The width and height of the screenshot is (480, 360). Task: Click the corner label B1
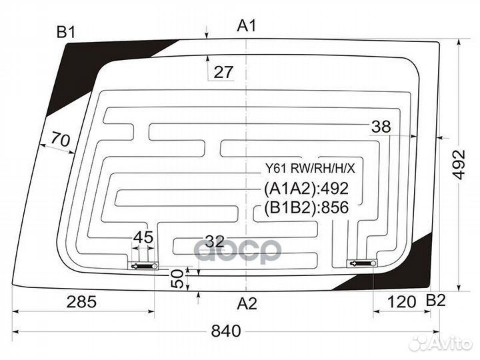(66, 32)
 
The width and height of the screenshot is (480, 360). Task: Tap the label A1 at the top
(247, 26)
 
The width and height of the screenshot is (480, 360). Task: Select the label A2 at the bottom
(247, 304)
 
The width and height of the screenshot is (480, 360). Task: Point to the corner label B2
(435, 301)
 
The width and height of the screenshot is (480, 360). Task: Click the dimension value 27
(223, 72)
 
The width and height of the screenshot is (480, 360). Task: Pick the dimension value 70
(60, 139)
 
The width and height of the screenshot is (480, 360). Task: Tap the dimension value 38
(381, 127)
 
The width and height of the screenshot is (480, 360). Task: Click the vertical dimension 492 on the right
(459, 165)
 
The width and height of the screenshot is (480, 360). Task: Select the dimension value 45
(143, 237)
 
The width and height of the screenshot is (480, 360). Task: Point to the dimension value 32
(215, 241)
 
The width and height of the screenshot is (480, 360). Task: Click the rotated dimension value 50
(177, 279)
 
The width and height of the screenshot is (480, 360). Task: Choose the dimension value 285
(81, 302)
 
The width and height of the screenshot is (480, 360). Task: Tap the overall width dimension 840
(226, 331)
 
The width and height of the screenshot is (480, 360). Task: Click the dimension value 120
(401, 302)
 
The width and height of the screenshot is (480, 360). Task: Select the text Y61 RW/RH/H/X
(310, 169)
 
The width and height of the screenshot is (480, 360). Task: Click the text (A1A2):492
(306, 189)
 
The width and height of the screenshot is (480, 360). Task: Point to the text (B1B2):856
(306, 207)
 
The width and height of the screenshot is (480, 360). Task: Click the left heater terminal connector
(143, 266)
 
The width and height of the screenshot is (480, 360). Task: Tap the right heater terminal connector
(362, 263)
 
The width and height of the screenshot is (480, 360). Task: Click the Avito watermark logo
(441, 343)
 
